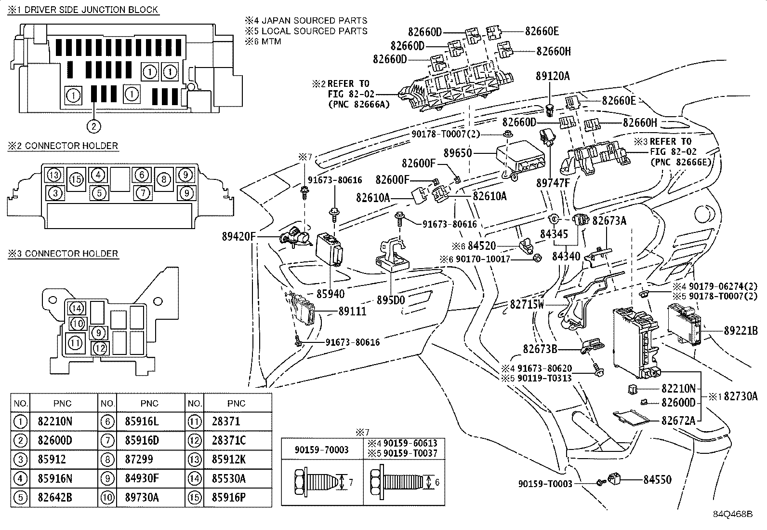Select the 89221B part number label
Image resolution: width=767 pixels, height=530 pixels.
click(x=741, y=331)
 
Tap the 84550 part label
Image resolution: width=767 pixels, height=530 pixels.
click(x=657, y=479)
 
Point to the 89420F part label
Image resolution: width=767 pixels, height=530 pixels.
click(x=239, y=236)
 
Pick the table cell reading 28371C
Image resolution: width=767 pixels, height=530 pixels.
click(x=228, y=440)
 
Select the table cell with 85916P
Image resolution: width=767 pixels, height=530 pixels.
click(x=228, y=497)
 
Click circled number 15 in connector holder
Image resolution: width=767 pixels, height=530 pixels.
click(x=76, y=180)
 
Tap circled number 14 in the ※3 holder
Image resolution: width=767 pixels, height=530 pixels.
click(x=76, y=308)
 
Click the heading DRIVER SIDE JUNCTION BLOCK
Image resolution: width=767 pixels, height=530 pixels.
click(x=91, y=10)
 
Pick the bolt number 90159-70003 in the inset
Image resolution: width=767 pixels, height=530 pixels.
click(x=321, y=450)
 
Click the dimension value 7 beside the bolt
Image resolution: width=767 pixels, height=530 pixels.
click(x=351, y=482)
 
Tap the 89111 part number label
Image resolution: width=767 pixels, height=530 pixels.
click(x=352, y=312)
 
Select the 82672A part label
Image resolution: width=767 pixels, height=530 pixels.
click(x=678, y=421)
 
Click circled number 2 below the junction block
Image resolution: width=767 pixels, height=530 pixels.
click(x=93, y=126)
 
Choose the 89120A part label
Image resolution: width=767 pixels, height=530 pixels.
click(x=553, y=76)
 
